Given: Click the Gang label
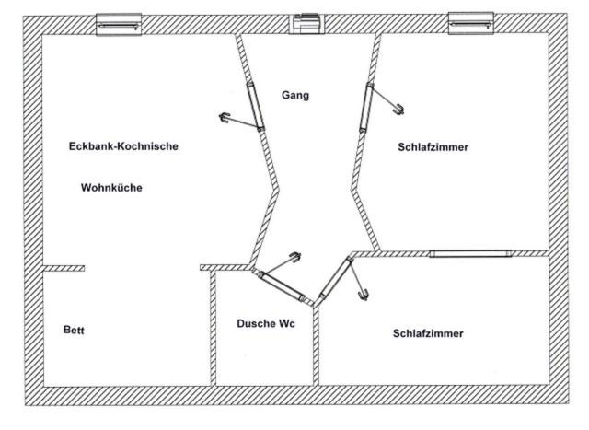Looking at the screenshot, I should point(296,96).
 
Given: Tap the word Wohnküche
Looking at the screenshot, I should point(112,188).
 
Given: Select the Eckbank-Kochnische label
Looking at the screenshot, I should point(123,146).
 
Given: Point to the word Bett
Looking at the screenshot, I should point(74,330).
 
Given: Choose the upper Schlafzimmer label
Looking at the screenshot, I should point(433,146).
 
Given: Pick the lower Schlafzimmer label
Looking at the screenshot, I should point(427,333).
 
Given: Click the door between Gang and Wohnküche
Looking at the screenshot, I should point(255,107).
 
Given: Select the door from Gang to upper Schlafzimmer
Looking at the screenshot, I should point(367,107).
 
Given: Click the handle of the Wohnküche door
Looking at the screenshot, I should point(225,116).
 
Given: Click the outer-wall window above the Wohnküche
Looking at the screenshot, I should point(119,24).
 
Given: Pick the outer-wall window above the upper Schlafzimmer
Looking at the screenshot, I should point(468,23).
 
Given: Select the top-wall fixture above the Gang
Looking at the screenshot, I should point(305,24).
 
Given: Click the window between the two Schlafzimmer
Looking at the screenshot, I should point(469,253).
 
